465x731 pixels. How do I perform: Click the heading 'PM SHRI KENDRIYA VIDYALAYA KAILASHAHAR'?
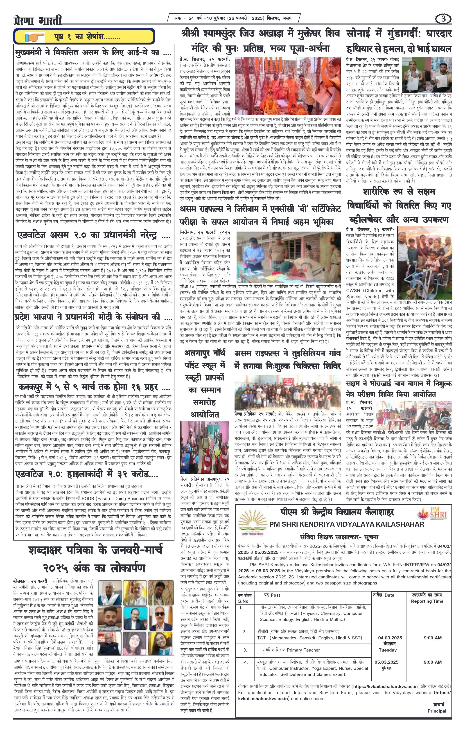[x=347, y=524]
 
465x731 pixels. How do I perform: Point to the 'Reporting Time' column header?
[x=427, y=601]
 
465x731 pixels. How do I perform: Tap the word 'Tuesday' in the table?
[x=387, y=650]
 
